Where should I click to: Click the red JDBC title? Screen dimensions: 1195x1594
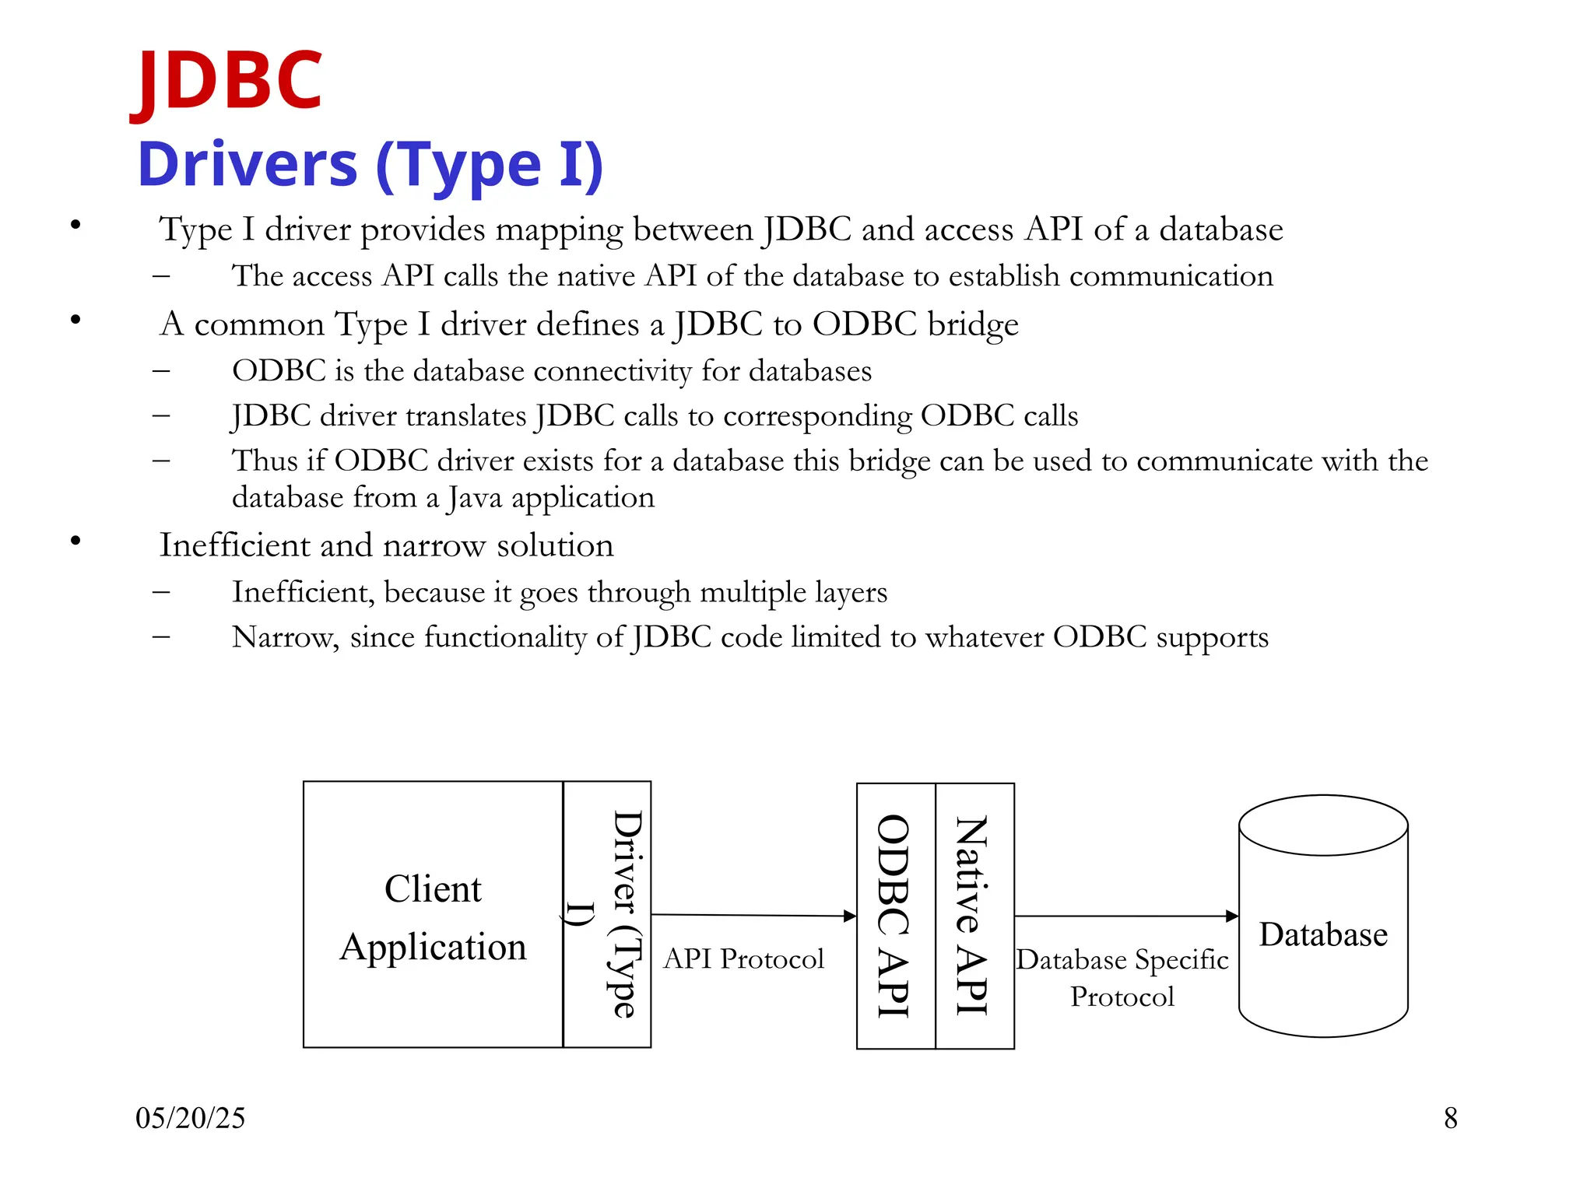click(226, 80)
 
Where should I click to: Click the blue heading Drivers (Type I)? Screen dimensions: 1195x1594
click(370, 165)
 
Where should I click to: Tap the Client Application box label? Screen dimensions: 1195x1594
click(433, 917)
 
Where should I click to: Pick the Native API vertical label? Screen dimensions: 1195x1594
click(972, 916)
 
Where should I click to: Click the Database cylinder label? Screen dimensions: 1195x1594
click(1323, 934)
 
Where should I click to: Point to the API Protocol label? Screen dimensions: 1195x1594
click(743, 959)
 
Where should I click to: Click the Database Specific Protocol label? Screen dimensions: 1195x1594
click(1122, 978)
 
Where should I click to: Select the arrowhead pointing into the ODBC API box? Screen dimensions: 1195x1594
click(850, 916)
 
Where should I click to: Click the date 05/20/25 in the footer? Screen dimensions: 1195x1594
click(190, 1118)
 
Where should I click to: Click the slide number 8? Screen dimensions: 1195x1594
click(1451, 1118)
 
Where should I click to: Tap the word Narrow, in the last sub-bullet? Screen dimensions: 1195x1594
click(286, 637)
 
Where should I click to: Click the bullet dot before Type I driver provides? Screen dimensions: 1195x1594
click(75, 226)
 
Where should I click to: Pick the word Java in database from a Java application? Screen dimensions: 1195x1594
click(475, 498)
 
